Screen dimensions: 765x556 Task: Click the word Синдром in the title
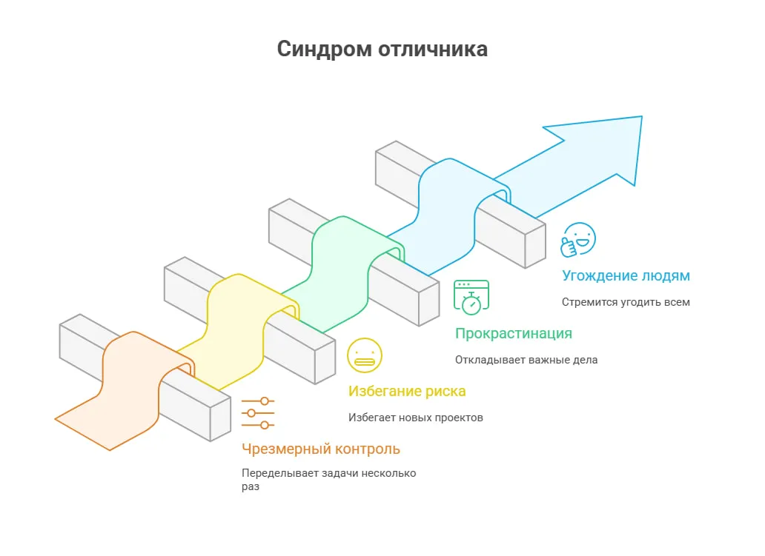click(324, 50)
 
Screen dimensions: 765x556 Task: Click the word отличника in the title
click(433, 49)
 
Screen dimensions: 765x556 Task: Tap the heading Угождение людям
click(626, 276)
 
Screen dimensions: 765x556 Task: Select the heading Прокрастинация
click(514, 334)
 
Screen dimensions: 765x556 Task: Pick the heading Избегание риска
click(407, 392)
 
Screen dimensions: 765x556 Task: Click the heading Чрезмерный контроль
click(321, 449)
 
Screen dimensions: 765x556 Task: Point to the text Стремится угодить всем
click(626, 302)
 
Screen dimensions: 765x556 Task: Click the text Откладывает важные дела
click(526, 360)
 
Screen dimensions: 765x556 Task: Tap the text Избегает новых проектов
click(416, 418)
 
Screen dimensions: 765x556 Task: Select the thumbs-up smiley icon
click(578, 239)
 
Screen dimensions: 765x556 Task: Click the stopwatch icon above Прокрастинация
click(471, 297)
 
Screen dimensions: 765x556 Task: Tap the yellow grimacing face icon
click(365, 355)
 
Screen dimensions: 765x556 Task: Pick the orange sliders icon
click(258, 413)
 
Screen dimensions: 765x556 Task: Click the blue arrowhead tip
click(641, 116)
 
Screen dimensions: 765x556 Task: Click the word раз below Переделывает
click(251, 487)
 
